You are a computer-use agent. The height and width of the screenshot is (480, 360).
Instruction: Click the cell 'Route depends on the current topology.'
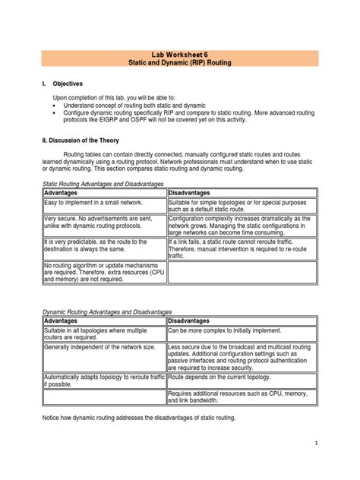point(222,376)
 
